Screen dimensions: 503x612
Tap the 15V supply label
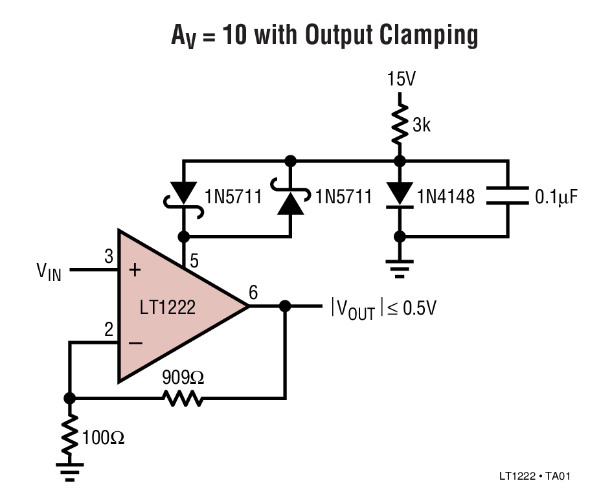click(401, 80)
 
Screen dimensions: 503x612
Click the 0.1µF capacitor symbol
click(507, 196)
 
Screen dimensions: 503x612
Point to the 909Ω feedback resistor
click(183, 398)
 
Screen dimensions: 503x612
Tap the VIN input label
click(49, 271)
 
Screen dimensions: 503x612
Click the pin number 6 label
click(253, 293)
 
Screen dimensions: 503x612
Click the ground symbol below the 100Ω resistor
click(69, 471)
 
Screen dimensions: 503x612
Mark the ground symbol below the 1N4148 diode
click(400, 267)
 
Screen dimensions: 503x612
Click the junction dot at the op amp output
click(284, 306)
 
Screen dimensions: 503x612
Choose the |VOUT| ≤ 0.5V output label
click(383, 307)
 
